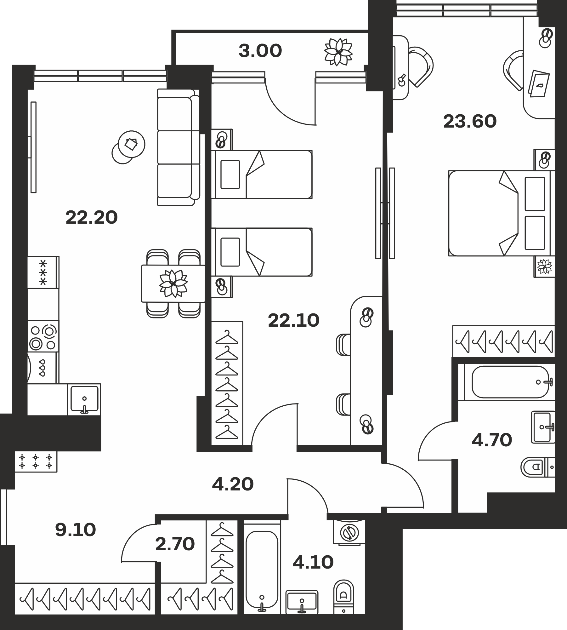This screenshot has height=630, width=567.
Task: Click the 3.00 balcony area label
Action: [x=260, y=51]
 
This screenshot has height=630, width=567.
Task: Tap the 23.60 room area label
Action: [x=470, y=122]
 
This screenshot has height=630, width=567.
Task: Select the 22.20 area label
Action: [x=92, y=218]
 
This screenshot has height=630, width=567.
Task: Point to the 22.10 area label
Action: [x=294, y=321]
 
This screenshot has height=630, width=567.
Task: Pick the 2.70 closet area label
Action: [x=175, y=544]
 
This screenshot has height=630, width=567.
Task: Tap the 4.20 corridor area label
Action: [x=233, y=484]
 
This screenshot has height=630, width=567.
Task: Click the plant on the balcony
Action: [x=338, y=52]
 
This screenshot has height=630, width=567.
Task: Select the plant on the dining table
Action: [x=173, y=283]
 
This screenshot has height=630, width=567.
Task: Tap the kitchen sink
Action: [x=84, y=399]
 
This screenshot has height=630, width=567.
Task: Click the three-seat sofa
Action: [x=178, y=147]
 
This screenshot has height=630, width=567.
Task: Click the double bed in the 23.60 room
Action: [x=502, y=213]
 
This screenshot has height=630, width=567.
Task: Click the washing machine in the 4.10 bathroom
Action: [x=349, y=533]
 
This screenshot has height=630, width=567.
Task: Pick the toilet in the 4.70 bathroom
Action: [x=537, y=467]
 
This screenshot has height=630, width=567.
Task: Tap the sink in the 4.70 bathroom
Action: [x=543, y=427]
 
